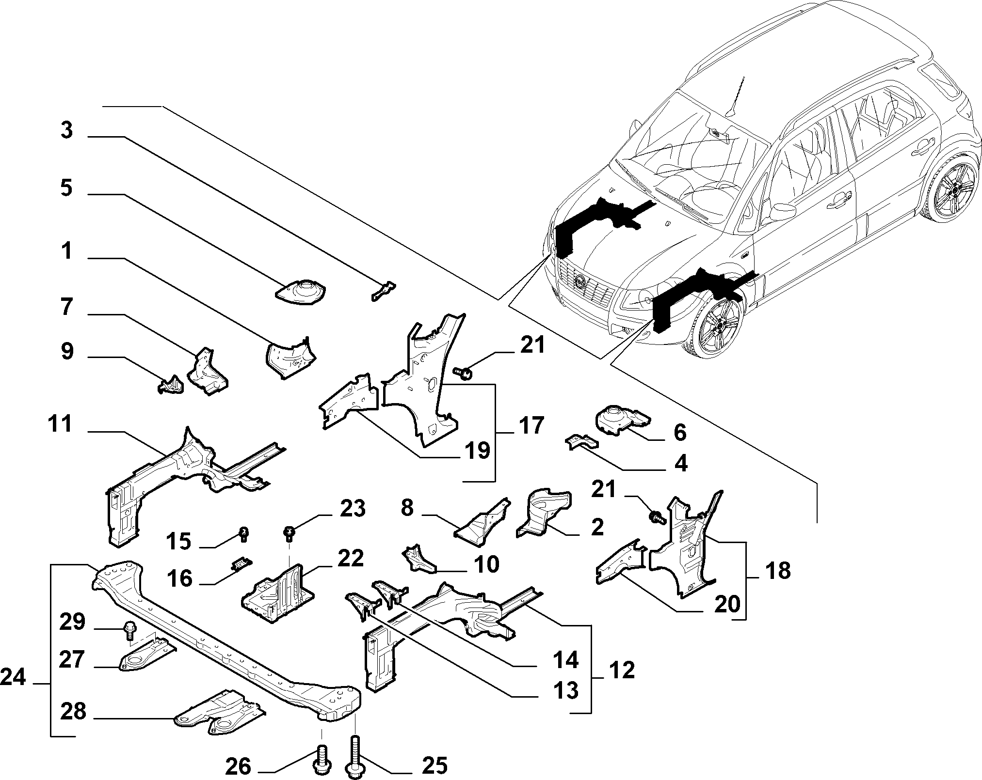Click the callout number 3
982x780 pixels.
point(67,131)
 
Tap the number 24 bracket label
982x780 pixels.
point(13,677)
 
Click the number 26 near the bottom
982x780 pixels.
point(238,766)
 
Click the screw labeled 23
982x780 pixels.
point(290,534)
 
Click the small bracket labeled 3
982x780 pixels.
point(383,290)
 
